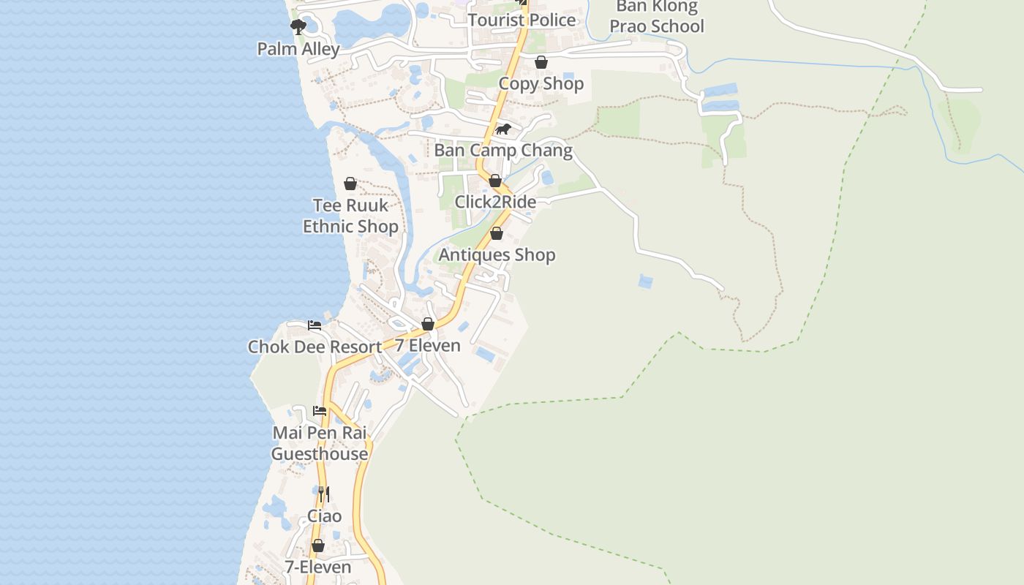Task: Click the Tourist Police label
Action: click(x=522, y=20)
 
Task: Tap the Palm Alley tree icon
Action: click(x=298, y=28)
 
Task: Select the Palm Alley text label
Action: click(x=298, y=50)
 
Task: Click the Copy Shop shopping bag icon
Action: click(x=541, y=63)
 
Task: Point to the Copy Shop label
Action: click(x=541, y=84)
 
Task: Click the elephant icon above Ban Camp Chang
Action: click(x=503, y=129)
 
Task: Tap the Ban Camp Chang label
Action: click(x=503, y=151)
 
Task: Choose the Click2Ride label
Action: click(x=495, y=202)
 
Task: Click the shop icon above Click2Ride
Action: click(x=495, y=181)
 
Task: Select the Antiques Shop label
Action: click(x=497, y=255)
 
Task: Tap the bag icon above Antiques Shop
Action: click(x=497, y=234)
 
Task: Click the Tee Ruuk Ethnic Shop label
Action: click(x=350, y=216)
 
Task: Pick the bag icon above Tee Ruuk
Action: click(x=350, y=184)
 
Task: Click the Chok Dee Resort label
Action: click(x=315, y=347)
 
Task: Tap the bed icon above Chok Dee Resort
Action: click(x=315, y=325)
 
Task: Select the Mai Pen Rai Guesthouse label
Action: click(x=320, y=443)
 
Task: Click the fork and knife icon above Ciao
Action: click(x=323, y=495)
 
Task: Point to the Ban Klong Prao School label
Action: click(x=657, y=17)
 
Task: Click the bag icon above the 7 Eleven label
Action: click(x=428, y=324)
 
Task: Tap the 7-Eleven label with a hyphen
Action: click(x=318, y=567)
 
